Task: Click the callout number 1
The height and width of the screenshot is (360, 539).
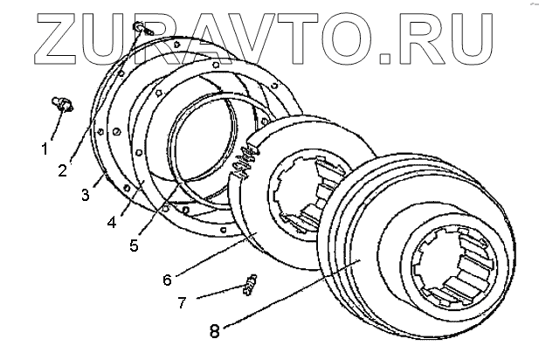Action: tap(45, 149)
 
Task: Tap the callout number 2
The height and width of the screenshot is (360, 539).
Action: tap(63, 170)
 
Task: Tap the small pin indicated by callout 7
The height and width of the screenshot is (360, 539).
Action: tap(251, 284)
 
